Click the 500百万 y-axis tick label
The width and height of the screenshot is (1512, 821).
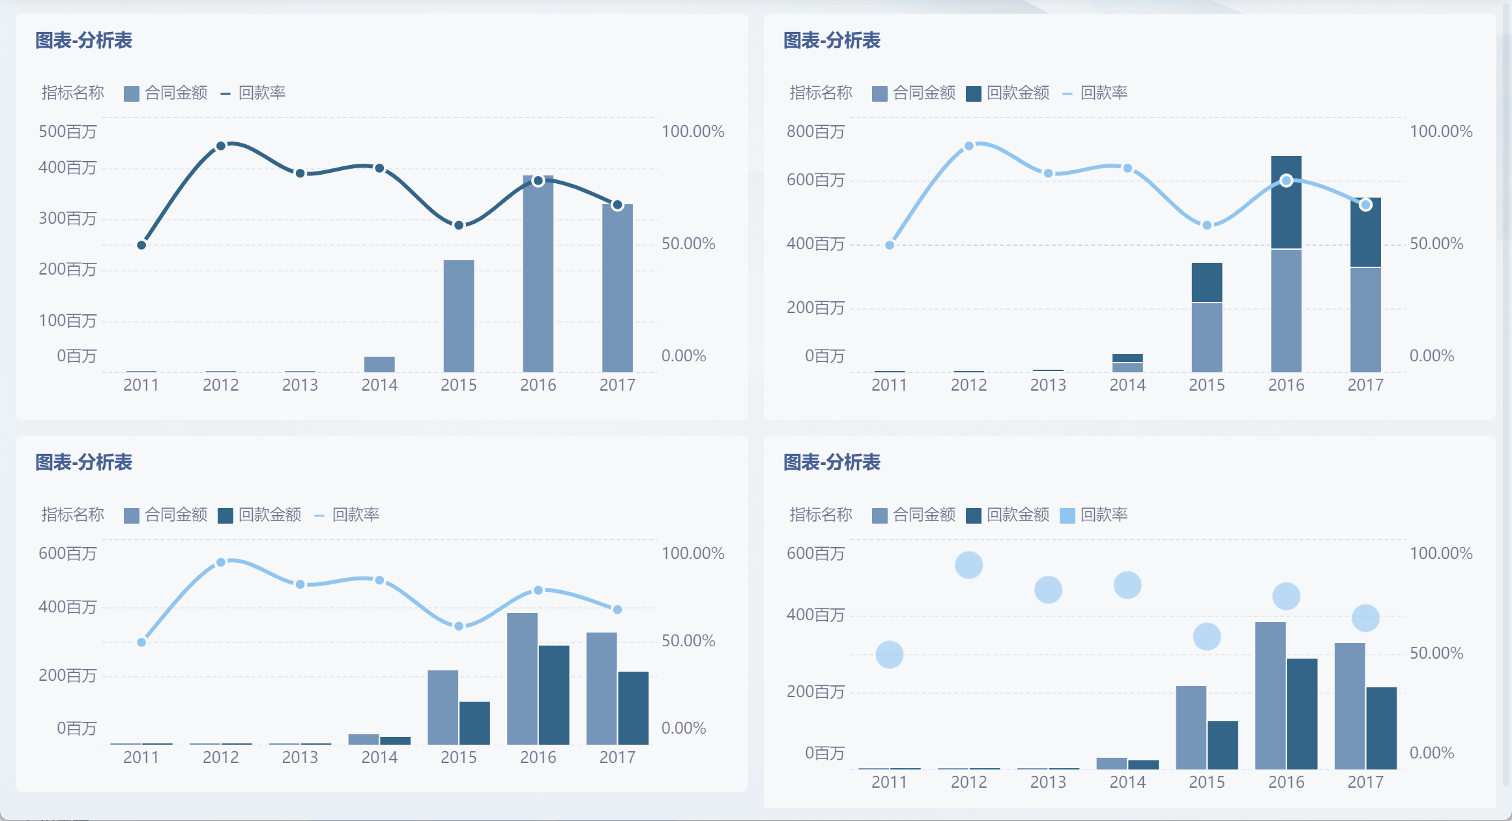[67, 132]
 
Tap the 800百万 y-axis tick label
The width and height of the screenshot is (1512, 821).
[815, 132]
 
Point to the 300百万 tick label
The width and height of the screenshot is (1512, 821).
[67, 218]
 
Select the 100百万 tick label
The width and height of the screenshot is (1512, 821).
[67, 321]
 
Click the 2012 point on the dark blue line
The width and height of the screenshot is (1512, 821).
[221, 146]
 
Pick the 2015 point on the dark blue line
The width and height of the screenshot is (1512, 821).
[459, 226]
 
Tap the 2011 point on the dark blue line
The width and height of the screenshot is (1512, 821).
[141, 245]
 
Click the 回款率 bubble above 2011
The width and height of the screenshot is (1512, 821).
[890, 655]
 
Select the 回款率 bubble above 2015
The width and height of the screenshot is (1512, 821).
[1207, 636]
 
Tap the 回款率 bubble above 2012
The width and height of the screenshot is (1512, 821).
[969, 565]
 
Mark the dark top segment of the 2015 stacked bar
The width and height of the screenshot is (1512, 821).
[1207, 282]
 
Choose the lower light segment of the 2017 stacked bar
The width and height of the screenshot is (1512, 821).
[1365, 320]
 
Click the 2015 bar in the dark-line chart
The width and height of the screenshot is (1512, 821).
[459, 316]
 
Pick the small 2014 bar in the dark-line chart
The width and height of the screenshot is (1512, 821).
[379, 365]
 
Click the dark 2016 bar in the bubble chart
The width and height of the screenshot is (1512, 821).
[1302, 713]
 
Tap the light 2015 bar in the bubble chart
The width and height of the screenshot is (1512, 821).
[1191, 727]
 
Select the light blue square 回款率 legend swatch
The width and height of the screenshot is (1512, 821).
[1068, 516]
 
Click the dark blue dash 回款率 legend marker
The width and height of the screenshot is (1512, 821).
[225, 94]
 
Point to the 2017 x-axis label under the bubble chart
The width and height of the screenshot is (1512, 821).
[1365, 783]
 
